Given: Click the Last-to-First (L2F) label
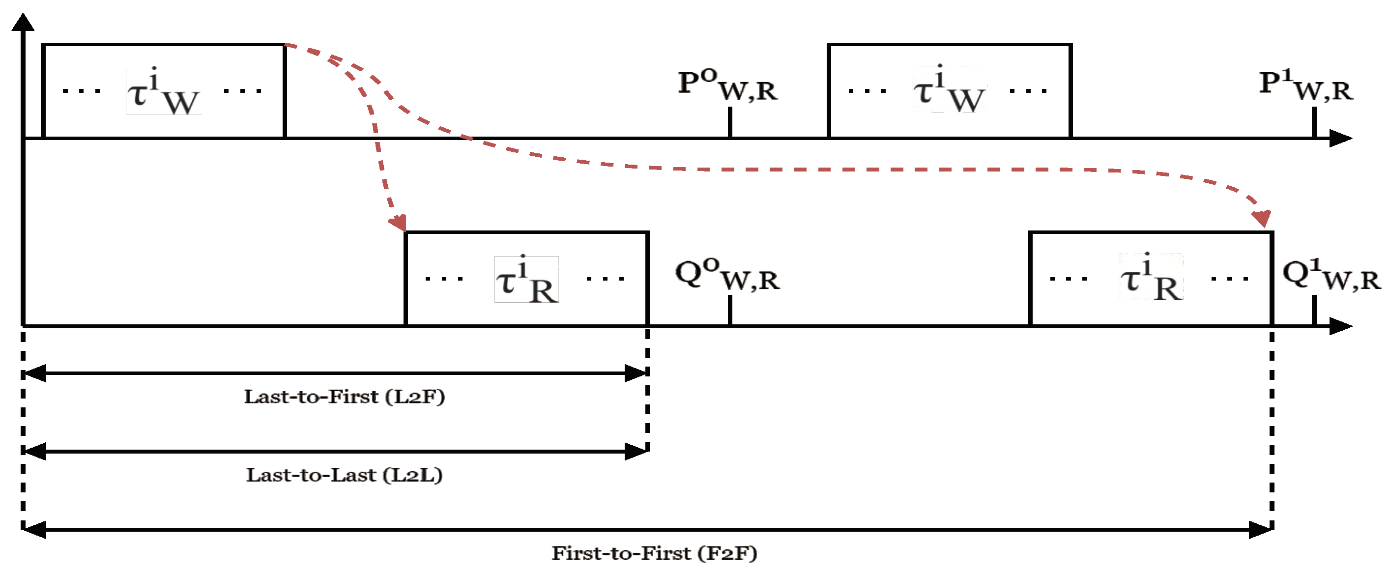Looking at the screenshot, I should click(344, 397).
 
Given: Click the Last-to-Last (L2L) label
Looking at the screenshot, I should click(344, 475).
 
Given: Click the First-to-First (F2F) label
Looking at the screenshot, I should click(654, 553).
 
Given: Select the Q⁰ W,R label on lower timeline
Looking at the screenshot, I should click(727, 275).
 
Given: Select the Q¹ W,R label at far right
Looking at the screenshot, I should click(1331, 275).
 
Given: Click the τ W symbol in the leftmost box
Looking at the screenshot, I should click(163, 92).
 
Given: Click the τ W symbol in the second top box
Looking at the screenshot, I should click(949, 90).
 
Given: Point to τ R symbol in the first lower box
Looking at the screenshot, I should click(526, 280).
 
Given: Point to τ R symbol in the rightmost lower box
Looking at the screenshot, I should click(1151, 278).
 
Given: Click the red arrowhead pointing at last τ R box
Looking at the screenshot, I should click(1262, 218).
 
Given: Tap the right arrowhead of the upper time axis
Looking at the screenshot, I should click(1340, 139).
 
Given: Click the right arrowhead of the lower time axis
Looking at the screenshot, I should click(1340, 326).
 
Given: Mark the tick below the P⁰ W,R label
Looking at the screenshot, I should click(729, 122).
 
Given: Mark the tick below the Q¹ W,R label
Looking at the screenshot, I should click(1314, 310).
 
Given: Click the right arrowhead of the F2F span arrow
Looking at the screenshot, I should click(1261, 530).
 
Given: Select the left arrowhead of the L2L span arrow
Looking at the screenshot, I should click(34, 452).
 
